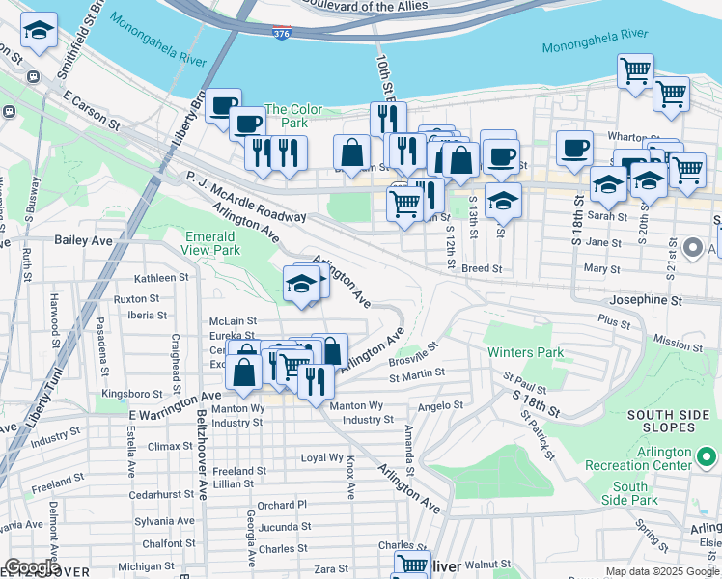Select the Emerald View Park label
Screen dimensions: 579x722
pyautogui.click(x=209, y=243)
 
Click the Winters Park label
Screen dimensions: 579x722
pyautogui.click(x=525, y=352)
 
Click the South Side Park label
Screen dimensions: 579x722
pyautogui.click(x=629, y=493)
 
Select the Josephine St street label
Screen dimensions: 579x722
pyautogui.click(x=648, y=300)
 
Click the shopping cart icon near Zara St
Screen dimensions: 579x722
pyautogui.click(x=411, y=565)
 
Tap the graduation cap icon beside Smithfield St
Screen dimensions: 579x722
pyautogui.click(x=40, y=32)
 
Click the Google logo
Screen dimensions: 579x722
pyautogui.click(x=32, y=567)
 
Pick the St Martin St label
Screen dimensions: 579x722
pyautogui.click(x=416, y=372)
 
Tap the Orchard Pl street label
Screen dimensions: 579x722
pyautogui.click(x=282, y=505)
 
